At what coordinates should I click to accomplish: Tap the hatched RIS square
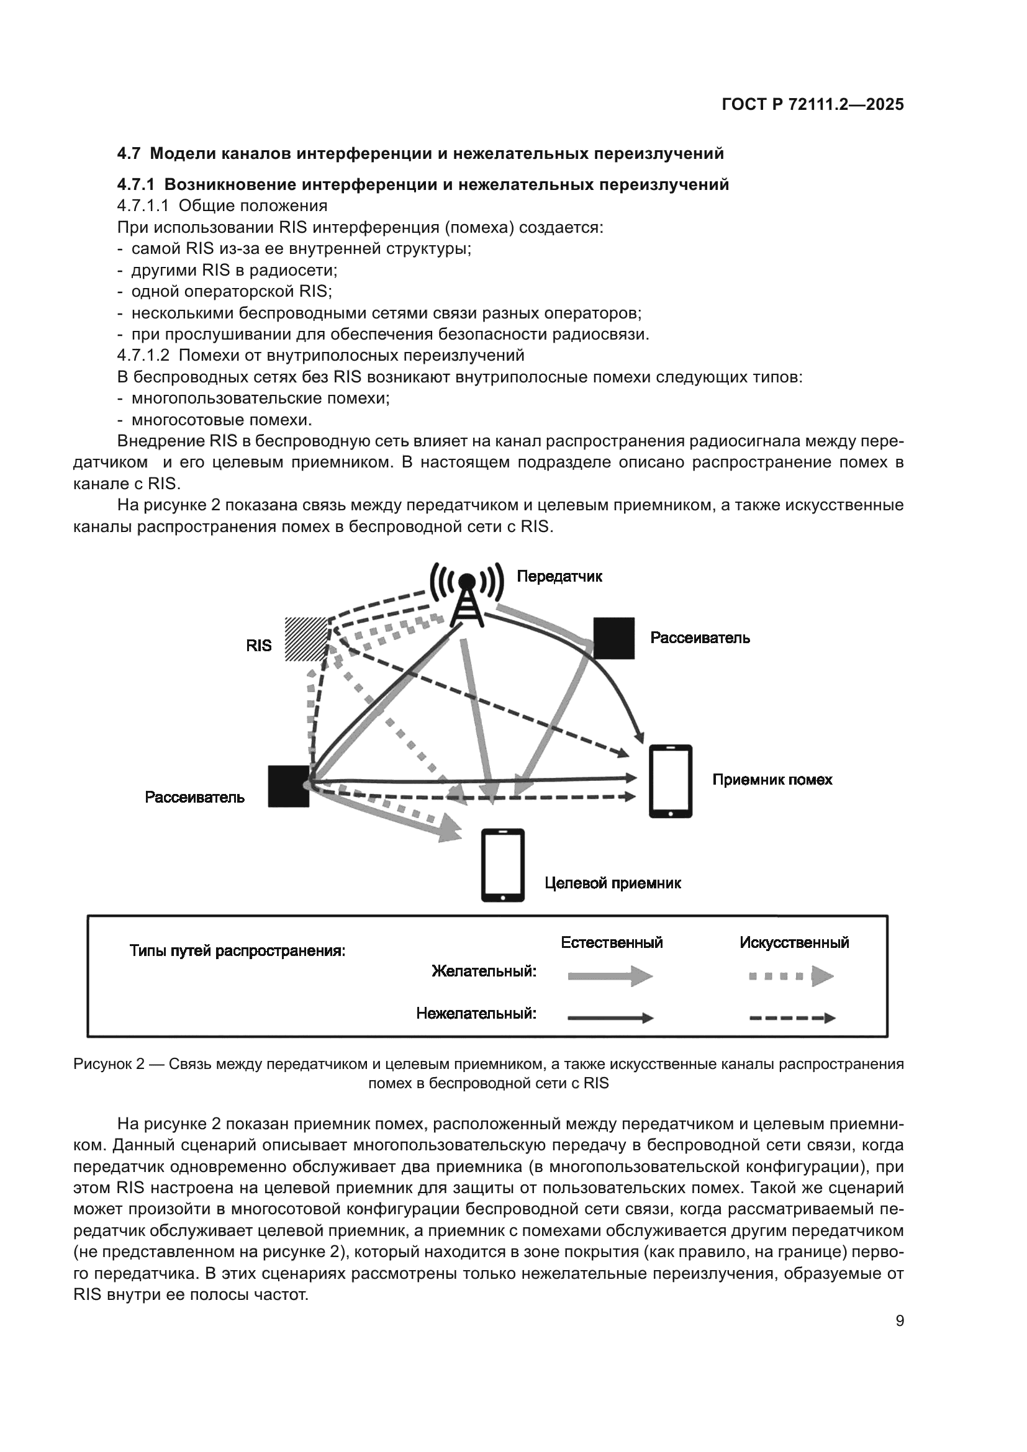point(307,639)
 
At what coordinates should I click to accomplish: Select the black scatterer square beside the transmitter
point(613,638)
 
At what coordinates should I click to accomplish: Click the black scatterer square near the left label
point(288,786)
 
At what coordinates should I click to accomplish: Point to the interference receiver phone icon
point(671,781)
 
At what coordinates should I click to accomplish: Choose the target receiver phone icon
point(503,865)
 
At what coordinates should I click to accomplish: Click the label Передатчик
point(559,576)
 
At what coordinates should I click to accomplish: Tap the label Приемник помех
point(772,780)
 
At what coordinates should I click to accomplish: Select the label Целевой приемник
point(612,883)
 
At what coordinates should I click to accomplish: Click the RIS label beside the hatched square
point(259,646)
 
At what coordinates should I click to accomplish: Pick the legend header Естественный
point(612,942)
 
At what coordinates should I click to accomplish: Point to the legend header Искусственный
point(794,943)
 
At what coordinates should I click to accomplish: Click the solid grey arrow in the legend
point(610,976)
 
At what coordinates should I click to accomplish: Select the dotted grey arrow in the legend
point(791,976)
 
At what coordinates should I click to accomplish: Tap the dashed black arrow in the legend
point(792,1018)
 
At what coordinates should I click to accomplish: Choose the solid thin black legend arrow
point(610,1018)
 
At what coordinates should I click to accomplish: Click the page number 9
point(899,1321)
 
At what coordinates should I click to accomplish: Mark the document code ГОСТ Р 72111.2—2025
point(813,105)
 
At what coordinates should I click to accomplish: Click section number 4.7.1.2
point(143,356)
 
